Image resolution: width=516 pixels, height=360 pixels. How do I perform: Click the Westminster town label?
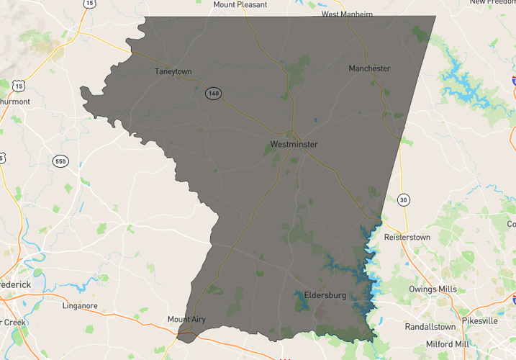[294, 145]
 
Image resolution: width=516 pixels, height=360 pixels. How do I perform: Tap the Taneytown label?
[175, 71]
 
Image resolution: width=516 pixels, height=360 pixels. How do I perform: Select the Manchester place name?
[369, 68]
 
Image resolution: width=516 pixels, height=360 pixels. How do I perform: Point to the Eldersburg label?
[325, 295]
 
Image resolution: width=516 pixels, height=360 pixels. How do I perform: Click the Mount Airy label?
[186, 319]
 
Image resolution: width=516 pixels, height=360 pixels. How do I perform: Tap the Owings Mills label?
[433, 289]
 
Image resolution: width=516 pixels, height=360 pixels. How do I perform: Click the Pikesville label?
[480, 320]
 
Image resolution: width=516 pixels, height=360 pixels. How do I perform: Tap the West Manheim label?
[347, 14]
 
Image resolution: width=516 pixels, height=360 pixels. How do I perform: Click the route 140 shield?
[212, 93]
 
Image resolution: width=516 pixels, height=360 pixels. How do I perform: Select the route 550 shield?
[60, 161]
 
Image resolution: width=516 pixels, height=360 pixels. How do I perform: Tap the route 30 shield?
[404, 199]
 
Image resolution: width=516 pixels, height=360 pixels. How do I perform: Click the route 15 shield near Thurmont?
[18, 86]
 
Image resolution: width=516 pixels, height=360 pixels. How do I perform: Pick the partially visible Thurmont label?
[14, 102]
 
